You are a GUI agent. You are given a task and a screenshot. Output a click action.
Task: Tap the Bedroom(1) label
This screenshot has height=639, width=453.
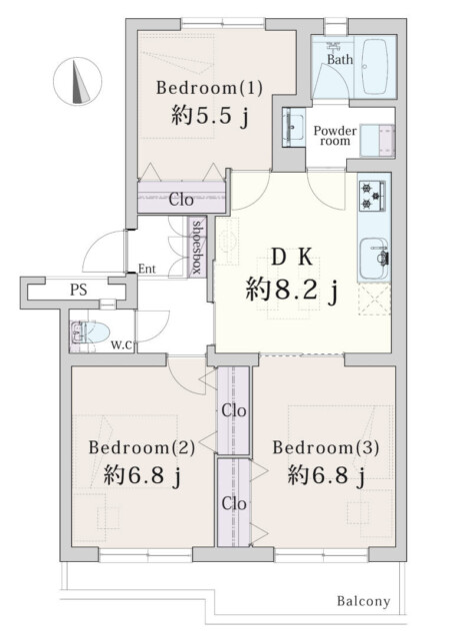point(209,88)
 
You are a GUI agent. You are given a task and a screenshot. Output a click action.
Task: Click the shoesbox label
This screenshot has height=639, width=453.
point(198,247)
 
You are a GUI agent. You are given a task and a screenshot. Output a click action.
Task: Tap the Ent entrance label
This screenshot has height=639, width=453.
point(147,268)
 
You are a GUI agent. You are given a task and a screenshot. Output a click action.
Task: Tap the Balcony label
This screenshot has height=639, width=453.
point(363,601)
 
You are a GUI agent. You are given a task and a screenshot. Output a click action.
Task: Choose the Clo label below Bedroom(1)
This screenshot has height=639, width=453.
point(181,199)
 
